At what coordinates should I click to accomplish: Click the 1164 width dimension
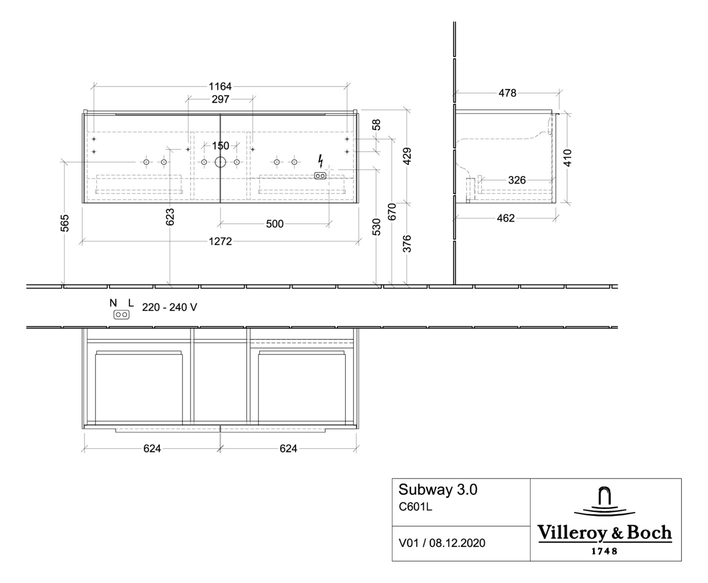click(220, 86)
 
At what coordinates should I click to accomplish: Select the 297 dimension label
click(220, 99)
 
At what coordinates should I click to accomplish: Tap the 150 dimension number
click(220, 145)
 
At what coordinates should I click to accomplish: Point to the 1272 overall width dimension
click(220, 241)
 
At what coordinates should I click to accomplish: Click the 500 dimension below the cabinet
click(274, 224)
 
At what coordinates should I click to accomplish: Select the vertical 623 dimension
click(170, 217)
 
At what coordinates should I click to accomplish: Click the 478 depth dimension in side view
click(507, 93)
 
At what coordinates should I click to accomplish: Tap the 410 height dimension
click(567, 158)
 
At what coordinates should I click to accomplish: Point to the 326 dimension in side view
click(516, 180)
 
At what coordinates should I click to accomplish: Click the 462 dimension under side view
click(505, 218)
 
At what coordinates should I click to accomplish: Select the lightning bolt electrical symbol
click(320, 161)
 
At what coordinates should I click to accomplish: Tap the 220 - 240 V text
click(169, 307)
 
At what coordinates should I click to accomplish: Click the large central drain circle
click(220, 162)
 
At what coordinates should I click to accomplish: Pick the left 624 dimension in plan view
click(152, 448)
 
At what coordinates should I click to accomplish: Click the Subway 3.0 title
click(437, 489)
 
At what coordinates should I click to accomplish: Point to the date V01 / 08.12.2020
click(442, 543)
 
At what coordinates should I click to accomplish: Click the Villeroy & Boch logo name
click(604, 532)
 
